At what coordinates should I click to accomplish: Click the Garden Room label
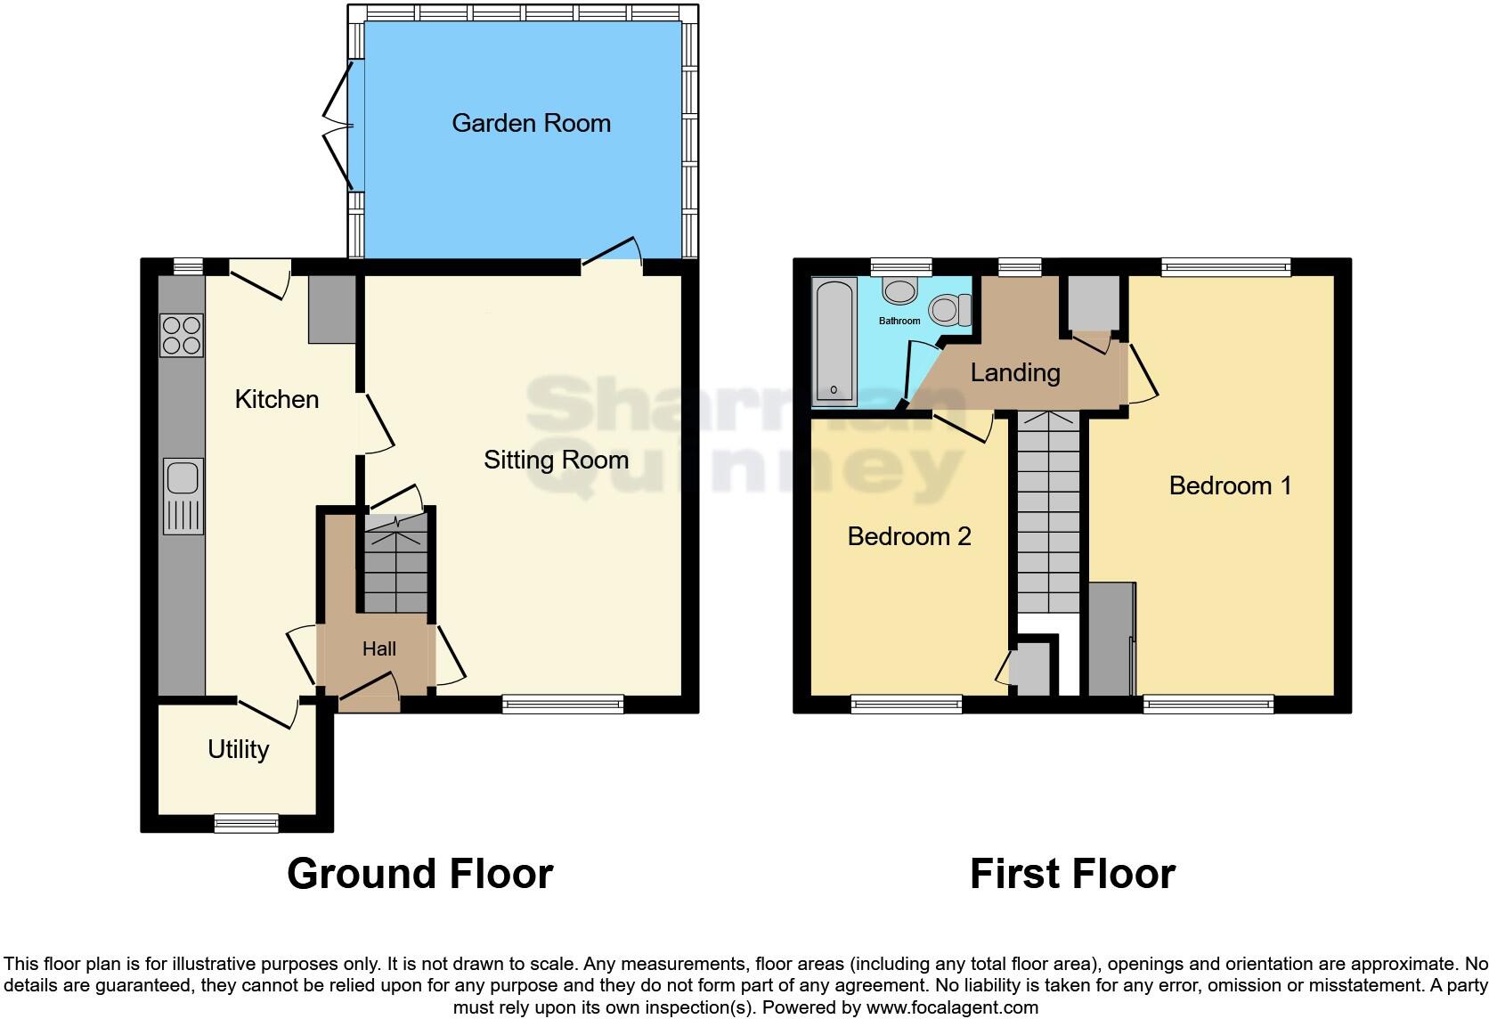point(531,123)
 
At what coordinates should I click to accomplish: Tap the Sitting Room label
point(556,460)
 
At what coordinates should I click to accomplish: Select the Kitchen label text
point(276,399)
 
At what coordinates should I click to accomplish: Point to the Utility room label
point(238,749)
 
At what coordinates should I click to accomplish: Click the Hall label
point(378,649)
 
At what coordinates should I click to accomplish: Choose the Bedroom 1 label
point(1230,485)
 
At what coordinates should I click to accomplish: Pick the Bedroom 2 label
point(908,536)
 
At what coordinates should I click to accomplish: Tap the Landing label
point(1015,372)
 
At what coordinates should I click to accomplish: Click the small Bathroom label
point(899,321)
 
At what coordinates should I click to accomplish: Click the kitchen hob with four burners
point(182,336)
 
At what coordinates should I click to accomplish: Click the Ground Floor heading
point(419,874)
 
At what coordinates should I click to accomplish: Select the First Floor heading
point(1072,874)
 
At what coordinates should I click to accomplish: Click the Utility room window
point(246,823)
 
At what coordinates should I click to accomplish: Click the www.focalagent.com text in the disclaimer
point(951,1008)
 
